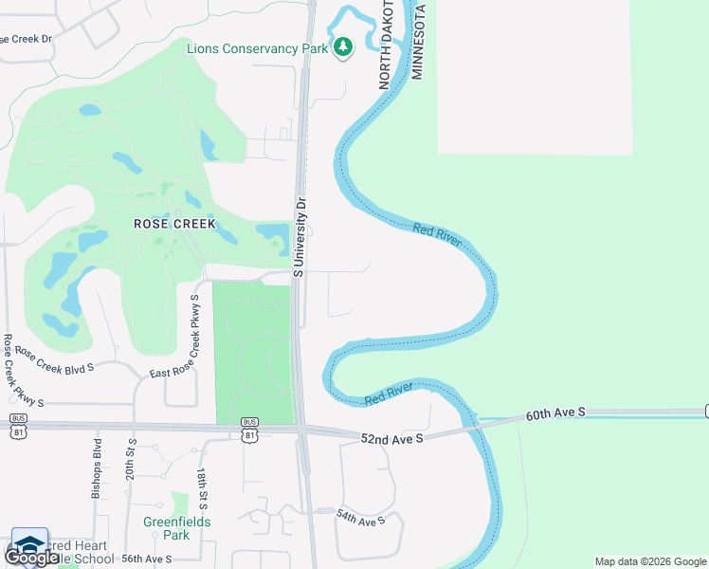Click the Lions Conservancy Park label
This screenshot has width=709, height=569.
[x=257, y=48]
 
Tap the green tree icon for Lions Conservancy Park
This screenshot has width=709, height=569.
[x=343, y=46]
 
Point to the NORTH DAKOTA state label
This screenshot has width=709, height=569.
[x=387, y=45]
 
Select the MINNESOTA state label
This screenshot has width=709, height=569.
[x=417, y=41]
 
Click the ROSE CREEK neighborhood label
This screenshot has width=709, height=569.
[x=174, y=225]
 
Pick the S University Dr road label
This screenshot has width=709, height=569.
[x=299, y=236]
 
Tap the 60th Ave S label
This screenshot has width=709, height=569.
[x=557, y=413]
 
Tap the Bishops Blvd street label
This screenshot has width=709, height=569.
[x=97, y=467]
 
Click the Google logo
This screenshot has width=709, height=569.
[x=32, y=556]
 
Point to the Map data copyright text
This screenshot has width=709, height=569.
[x=648, y=561]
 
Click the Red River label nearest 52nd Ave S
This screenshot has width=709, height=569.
[x=389, y=395]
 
